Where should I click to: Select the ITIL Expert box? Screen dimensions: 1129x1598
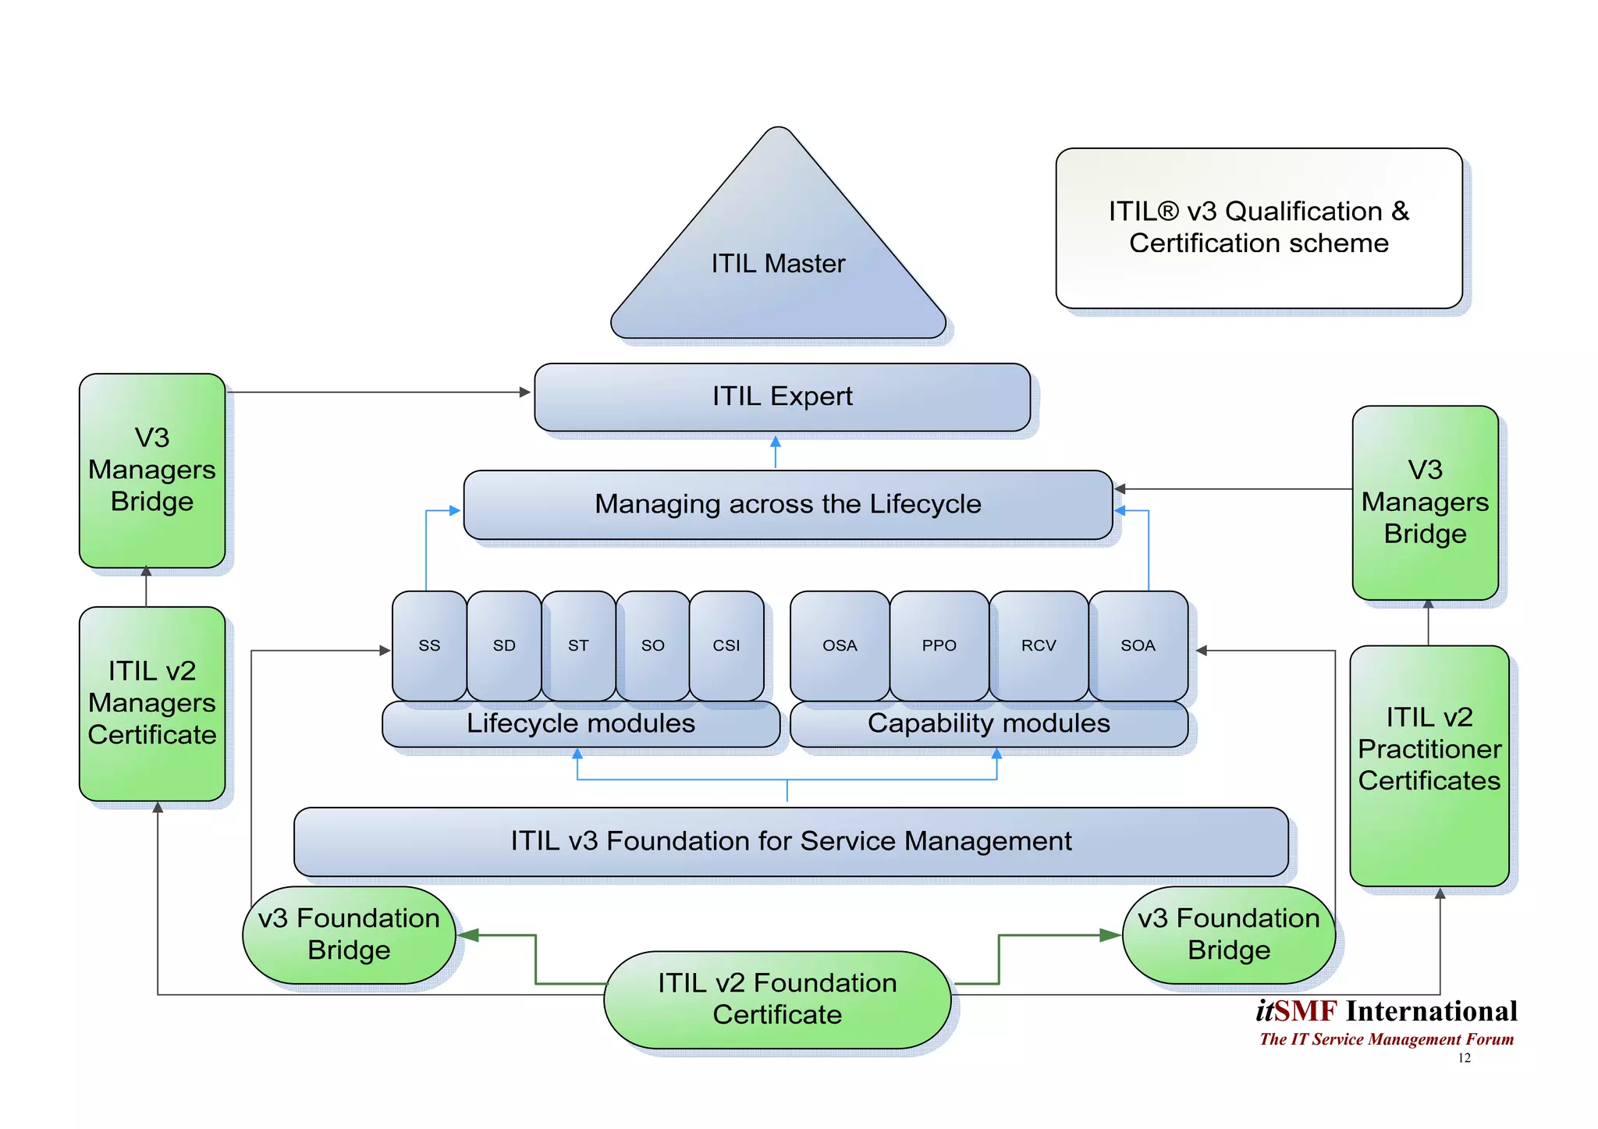pos(782,396)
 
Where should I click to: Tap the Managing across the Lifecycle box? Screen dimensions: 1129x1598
pos(787,504)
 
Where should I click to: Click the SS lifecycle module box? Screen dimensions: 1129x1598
pos(429,645)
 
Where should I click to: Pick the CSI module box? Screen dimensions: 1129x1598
pos(726,645)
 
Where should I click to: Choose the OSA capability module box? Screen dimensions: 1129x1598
pos(840,645)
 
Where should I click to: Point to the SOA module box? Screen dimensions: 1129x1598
pos(1138,645)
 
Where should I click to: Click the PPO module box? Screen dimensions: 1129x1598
pos(939,645)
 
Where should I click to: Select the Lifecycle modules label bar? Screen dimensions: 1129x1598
pos(581,724)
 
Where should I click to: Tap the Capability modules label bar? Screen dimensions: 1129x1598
pos(989,724)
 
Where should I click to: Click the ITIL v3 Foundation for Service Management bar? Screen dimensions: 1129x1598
pos(790,841)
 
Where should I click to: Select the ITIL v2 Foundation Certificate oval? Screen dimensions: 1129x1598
pos(777,999)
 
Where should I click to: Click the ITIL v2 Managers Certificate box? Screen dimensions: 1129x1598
pos(152,703)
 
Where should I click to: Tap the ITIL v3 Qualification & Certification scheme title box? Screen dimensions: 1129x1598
pos(1259,228)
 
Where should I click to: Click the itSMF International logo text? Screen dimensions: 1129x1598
pos(1387,1011)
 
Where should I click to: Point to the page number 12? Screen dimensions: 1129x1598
pos(1464,1058)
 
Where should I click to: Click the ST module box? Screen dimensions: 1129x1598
pos(578,645)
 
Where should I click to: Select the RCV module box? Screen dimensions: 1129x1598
pos(1039,645)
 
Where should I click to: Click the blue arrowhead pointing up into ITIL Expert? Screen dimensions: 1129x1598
pos(775,442)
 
